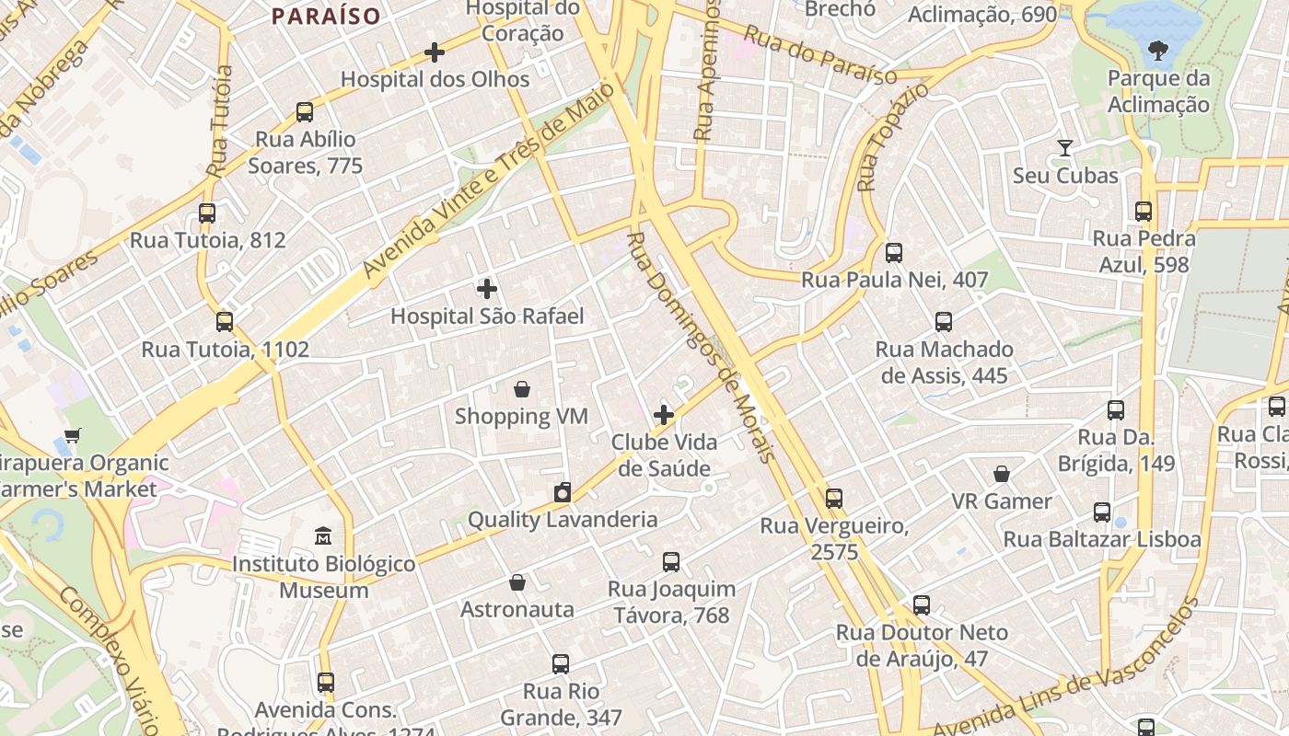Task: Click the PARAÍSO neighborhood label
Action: click(x=326, y=16)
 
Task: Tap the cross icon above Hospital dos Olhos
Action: click(x=435, y=52)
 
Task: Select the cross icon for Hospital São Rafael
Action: click(x=487, y=289)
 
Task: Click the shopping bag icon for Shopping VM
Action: click(x=522, y=389)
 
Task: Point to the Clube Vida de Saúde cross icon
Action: click(x=664, y=415)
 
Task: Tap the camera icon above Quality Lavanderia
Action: click(x=563, y=492)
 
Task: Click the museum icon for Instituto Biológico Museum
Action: click(x=323, y=536)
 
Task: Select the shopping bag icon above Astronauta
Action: click(x=517, y=582)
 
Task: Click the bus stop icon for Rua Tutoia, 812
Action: click(x=207, y=213)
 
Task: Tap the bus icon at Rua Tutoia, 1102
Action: click(x=225, y=322)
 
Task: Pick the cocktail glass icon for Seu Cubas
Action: click(x=1065, y=148)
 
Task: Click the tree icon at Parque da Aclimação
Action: click(x=1158, y=51)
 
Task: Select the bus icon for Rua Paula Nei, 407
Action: click(x=894, y=253)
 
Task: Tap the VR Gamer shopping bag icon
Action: click(x=1002, y=475)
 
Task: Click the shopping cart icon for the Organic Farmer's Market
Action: click(x=73, y=435)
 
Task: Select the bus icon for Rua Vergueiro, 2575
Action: click(x=834, y=499)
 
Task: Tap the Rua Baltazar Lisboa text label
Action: click(x=1102, y=539)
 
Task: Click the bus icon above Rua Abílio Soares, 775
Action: click(x=305, y=112)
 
